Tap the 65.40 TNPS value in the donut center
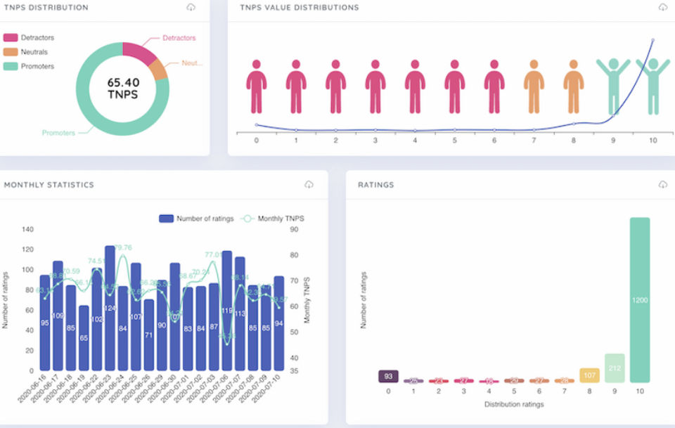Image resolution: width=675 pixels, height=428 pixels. point(122,88)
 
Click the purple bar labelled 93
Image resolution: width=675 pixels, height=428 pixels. point(388,377)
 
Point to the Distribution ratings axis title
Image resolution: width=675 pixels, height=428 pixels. point(514,404)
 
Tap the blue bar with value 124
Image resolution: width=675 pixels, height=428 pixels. point(110,308)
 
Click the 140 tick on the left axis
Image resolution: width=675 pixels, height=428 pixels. point(28,229)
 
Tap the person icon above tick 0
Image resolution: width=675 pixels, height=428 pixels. point(256,86)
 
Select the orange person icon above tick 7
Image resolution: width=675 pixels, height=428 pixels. point(534,86)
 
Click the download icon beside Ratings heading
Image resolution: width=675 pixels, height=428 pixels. point(662,184)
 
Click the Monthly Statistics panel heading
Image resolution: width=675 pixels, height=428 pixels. point(49,185)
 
